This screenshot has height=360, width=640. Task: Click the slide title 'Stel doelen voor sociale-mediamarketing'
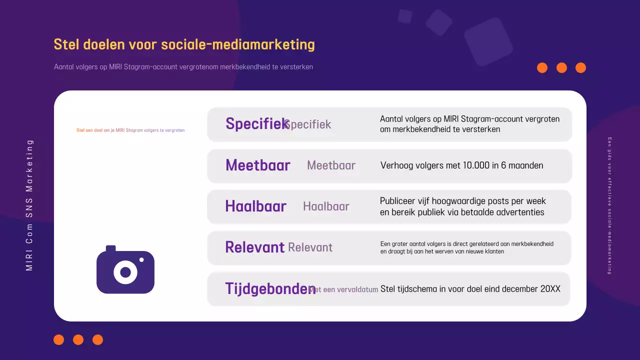pyautogui.click(x=184, y=44)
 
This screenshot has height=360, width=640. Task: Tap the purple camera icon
pyautogui.click(x=125, y=270)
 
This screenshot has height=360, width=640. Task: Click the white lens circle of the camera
pyautogui.click(x=125, y=272)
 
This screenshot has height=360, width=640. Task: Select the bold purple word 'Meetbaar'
pyautogui.click(x=257, y=165)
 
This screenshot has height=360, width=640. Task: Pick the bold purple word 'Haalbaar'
pyautogui.click(x=255, y=206)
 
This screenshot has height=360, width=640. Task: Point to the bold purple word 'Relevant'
pyautogui.click(x=254, y=247)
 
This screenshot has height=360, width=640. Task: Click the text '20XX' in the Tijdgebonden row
pyautogui.click(x=550, y=289)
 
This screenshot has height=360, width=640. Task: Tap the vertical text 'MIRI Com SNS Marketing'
pyautogui.click(x=29, y=205)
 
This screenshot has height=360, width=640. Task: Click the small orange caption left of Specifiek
pyautogui.click(x=130, y=130)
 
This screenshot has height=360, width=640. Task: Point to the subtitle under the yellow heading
pyautogui.click(x=183, y=67)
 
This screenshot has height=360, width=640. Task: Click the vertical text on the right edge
pyautogui.click(x=609, y=205)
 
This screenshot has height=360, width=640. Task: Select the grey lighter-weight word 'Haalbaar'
pyautogui.click(x=326, y=206)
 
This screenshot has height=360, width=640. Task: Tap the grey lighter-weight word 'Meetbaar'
pyautogui.click(x=331, y=165)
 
